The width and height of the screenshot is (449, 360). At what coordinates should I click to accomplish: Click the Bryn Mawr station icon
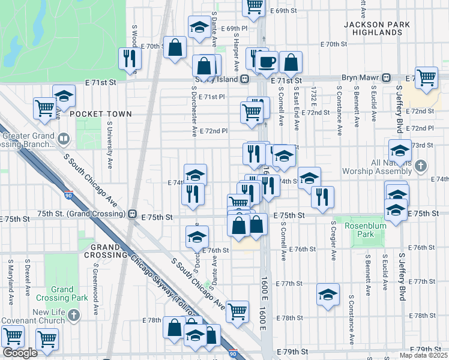[387, 77]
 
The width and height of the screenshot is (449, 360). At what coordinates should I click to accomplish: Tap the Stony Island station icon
[245, 79]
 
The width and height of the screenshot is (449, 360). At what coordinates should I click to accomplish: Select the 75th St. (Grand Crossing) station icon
[131, 214]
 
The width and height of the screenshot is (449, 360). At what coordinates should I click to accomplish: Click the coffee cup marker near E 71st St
[268, 61]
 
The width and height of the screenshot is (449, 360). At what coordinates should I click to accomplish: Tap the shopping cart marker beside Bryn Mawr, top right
[426, 77]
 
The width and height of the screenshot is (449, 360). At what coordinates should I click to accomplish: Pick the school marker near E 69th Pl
[199, 26]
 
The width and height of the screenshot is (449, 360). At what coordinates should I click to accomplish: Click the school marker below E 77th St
[328, 295]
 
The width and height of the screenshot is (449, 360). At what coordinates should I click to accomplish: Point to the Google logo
[20, 353]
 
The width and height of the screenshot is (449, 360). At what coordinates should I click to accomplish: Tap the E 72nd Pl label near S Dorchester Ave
[214, 131]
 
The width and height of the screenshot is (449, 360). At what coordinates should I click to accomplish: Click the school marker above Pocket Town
[64, 96]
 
